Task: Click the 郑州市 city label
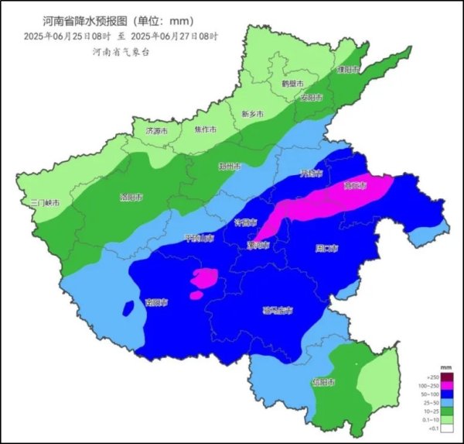click(230, 167)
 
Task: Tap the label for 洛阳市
click(131, 197)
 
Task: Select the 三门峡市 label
click(46, 203)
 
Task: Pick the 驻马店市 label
click(278, 311)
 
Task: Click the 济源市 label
click(156, 131)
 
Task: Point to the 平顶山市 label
click(198, 238)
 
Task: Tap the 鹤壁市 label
click(292, 83)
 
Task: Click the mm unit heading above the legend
click(445, 365)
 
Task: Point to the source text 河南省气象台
click(120, 52)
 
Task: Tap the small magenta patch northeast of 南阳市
click(205, 279)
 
